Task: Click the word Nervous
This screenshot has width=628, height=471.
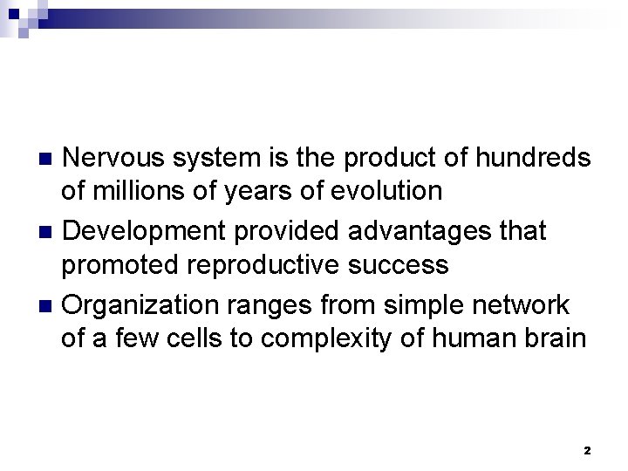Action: tap(117, 158)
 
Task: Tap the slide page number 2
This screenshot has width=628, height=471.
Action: tap(586, 450)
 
